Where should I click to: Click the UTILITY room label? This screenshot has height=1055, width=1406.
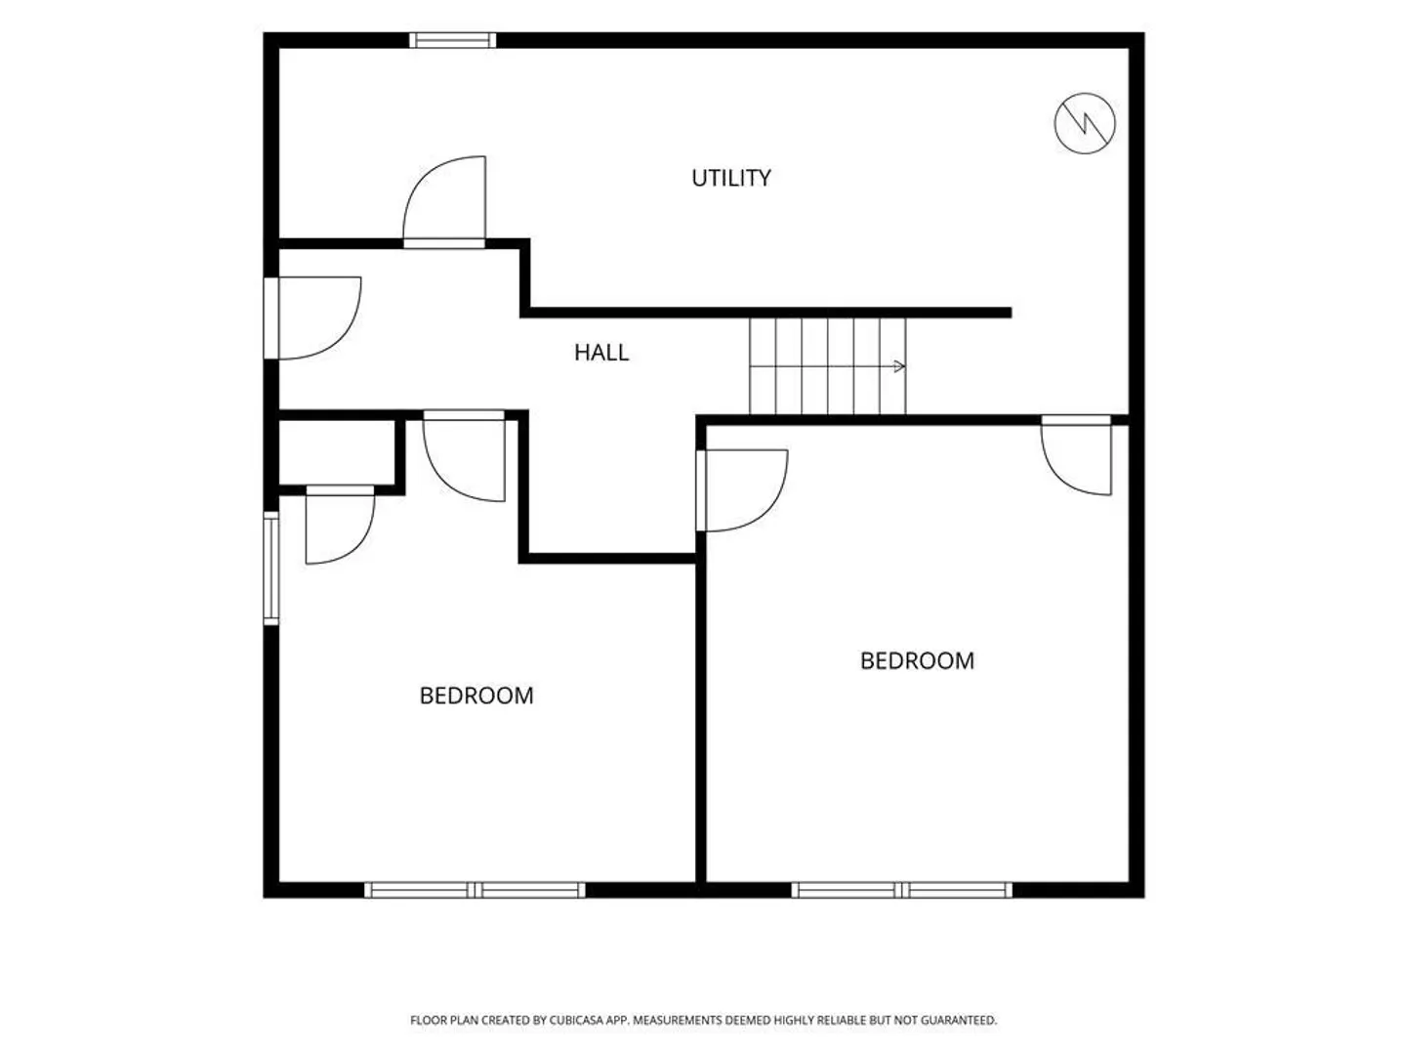(731, 178)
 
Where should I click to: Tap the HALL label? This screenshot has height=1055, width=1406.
(601, 353)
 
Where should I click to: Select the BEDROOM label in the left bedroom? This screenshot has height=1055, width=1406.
(476, 696)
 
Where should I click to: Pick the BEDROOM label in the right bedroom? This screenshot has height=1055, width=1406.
(917, 661)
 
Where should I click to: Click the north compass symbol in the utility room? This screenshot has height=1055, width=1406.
(1085, 123)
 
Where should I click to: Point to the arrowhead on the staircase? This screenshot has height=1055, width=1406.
(899, 366)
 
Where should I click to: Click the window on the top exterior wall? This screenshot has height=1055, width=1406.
(453, 40)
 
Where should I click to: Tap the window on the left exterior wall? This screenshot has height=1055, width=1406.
(271, 568)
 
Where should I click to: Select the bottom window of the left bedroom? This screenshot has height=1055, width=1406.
(475, 890)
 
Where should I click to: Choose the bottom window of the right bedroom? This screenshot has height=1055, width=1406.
(902, 890)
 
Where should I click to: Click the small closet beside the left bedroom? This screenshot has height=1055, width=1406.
(337, 452)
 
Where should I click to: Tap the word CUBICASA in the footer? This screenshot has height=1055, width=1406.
(577, 1020)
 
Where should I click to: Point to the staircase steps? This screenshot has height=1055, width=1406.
(828, 366)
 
